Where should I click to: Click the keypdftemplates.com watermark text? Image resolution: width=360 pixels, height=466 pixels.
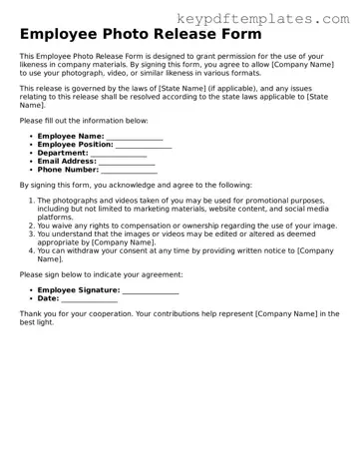coord(263,18)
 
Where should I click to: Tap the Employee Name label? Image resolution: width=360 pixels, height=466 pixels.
coord(70,136)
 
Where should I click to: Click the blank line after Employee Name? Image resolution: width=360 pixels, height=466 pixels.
coord(135,137)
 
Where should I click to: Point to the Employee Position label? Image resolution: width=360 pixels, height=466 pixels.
coord(76,145)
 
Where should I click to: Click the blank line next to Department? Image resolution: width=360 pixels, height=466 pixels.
coord(119,154)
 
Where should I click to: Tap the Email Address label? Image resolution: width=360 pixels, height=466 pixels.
coord(67,161)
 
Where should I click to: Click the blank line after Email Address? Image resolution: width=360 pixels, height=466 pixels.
coord(127,162)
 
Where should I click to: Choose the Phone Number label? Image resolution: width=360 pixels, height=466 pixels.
coord(68,170)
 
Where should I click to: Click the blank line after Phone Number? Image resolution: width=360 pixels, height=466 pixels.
coord(130,171)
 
